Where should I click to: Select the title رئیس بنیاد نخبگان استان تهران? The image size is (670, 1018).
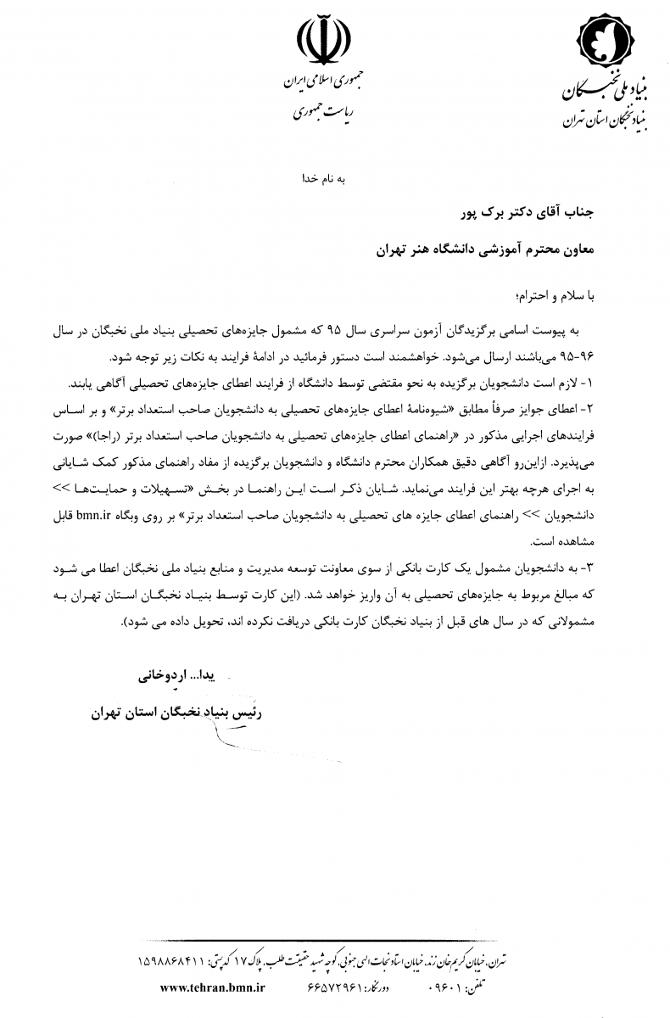coord(176,713)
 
